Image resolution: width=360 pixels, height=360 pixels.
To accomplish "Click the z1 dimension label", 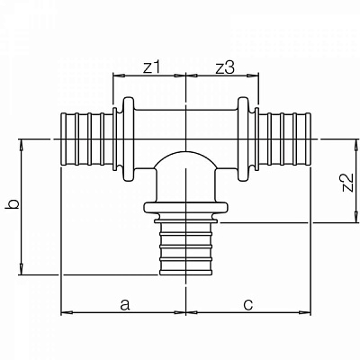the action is [151, 68].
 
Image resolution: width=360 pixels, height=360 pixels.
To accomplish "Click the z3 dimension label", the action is [225, 68].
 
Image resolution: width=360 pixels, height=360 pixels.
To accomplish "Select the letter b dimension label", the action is [13, 204].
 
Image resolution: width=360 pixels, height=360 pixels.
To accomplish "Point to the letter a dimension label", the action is [125, 304].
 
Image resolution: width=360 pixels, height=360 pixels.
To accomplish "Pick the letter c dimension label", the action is [248, 304].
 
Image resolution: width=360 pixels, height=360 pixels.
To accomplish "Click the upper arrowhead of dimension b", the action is [22, 144].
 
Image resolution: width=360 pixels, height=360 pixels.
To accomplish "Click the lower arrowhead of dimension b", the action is [22, 269].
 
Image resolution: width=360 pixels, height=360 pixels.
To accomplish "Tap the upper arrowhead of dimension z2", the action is [356, 144].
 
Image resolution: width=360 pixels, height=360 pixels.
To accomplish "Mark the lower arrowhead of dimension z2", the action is [356, 218].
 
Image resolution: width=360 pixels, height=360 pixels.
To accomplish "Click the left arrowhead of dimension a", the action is [67, 312].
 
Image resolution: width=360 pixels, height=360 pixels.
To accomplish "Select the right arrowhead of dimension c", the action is [306, 312].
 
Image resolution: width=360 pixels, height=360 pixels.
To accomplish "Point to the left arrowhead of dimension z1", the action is [118, 76].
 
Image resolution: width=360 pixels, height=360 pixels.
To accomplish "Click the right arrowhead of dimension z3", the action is [253, 76].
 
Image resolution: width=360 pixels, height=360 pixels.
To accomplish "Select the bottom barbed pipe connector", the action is [186, 247].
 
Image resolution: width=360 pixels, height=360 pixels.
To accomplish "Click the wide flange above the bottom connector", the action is [186, 208].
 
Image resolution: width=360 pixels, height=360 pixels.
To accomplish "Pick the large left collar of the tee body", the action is [129, 139].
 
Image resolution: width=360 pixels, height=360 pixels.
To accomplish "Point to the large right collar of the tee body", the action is [244, 139].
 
